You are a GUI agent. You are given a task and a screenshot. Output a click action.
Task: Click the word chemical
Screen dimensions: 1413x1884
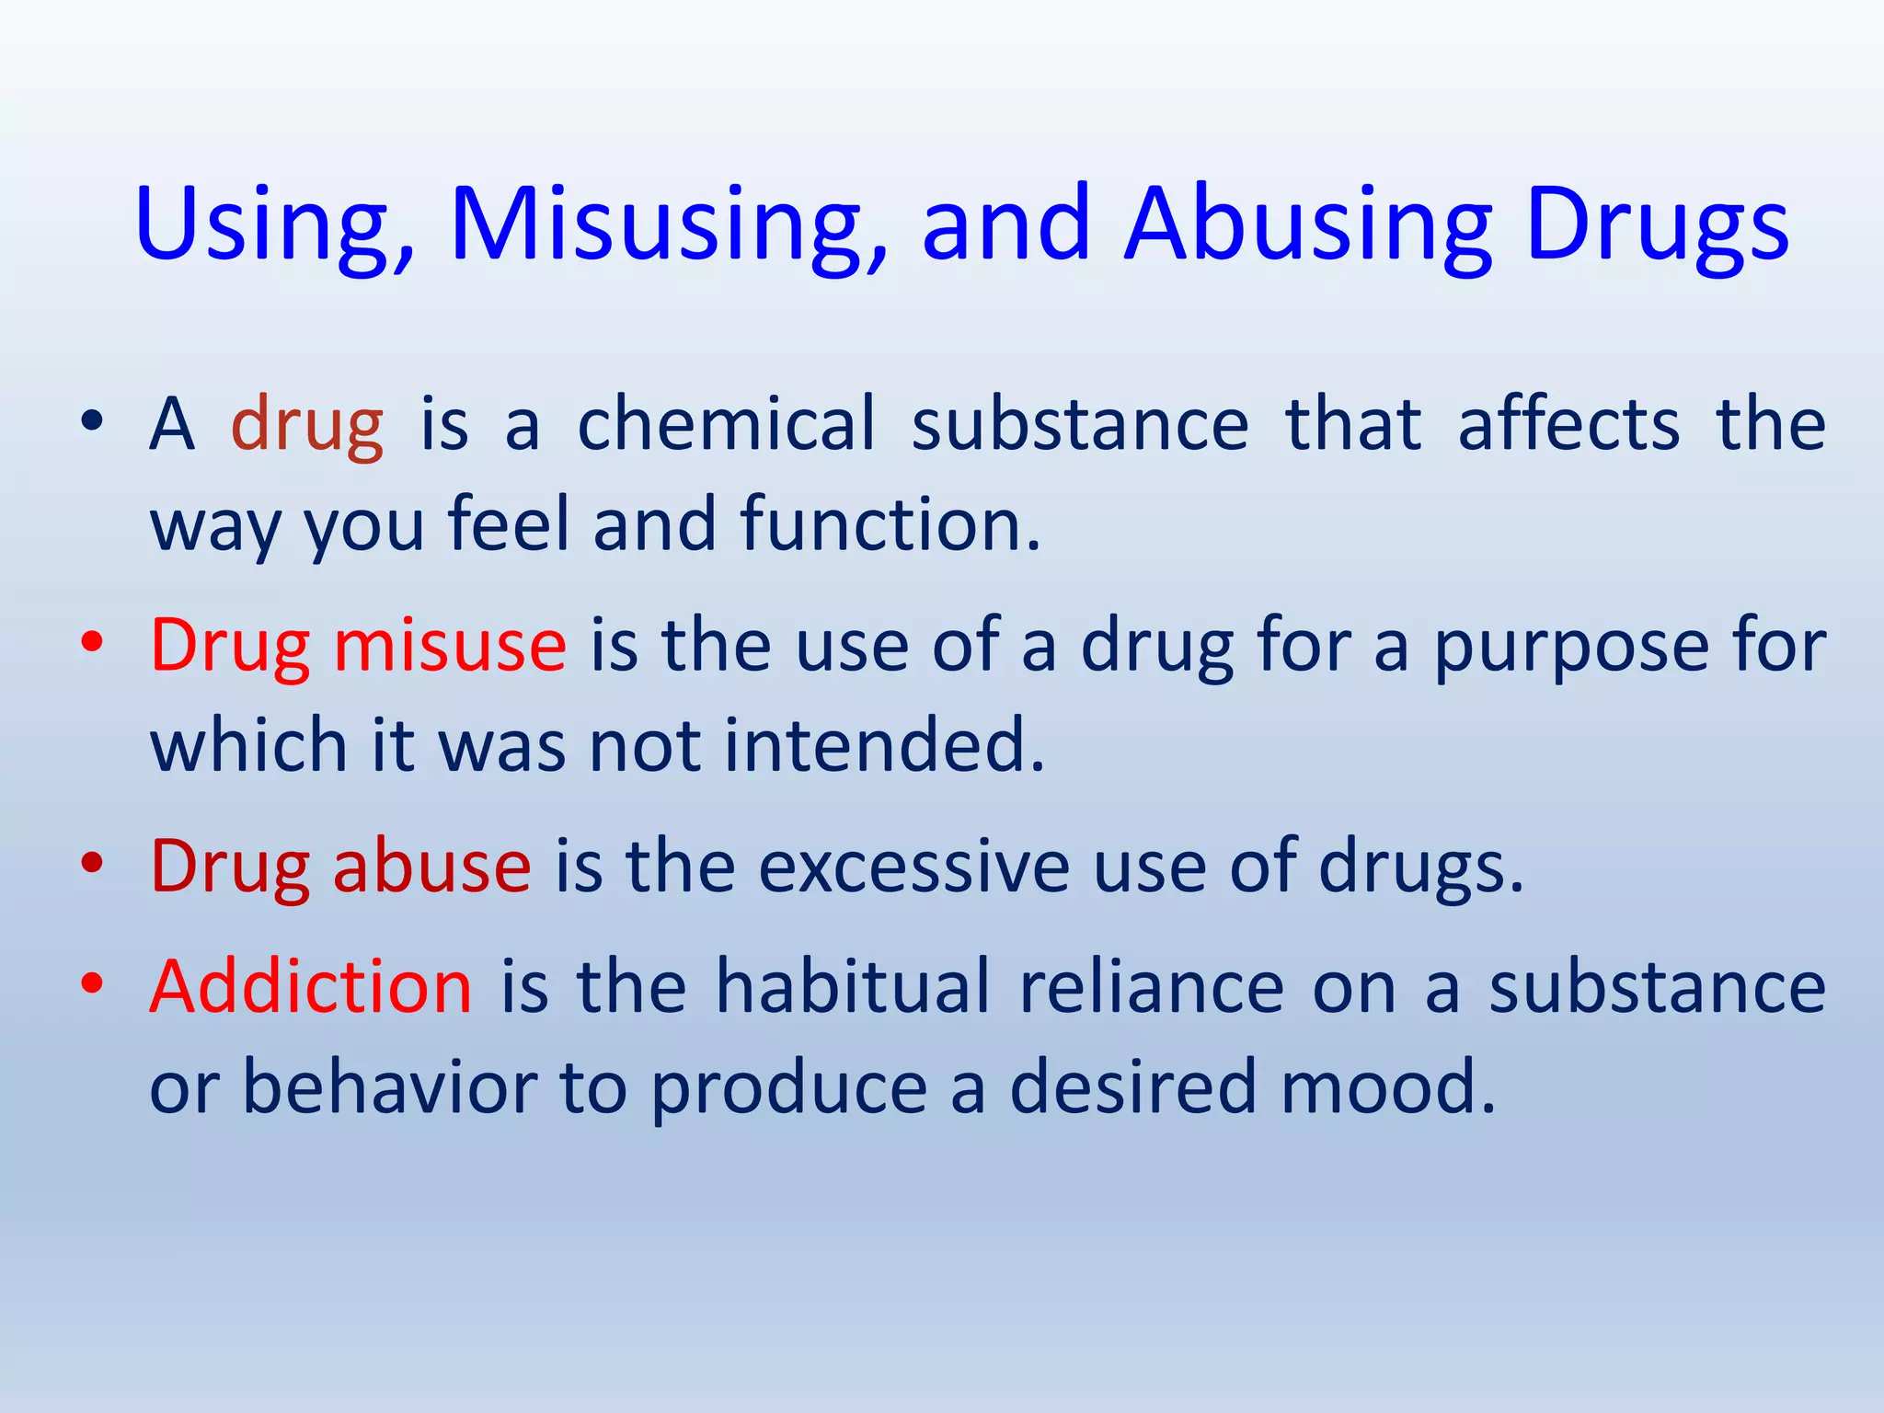[726, 423]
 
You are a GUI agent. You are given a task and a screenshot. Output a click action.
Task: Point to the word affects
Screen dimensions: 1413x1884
[1568, 423]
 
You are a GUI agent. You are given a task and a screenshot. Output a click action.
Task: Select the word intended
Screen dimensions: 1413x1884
[884, 744]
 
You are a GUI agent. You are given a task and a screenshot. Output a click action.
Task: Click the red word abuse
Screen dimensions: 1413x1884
[431, 866]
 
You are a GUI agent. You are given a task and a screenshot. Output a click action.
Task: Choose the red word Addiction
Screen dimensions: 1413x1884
[311, 986]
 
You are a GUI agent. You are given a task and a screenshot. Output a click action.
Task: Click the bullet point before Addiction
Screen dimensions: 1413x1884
[91, 983]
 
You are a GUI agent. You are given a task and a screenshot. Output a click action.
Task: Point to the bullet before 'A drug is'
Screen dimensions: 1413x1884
[91, 421]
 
